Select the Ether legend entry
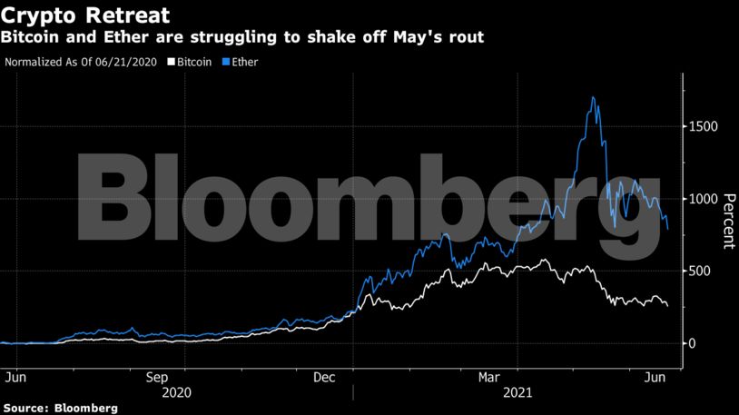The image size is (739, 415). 241,63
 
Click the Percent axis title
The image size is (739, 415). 727,221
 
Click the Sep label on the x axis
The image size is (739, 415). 157,376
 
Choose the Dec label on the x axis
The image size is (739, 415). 325,376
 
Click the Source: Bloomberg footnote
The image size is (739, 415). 60,409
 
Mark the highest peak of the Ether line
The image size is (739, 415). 593,97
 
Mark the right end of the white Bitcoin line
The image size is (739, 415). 667,306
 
